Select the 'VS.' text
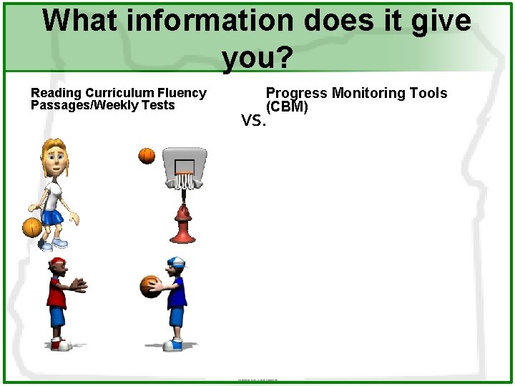(254, 121)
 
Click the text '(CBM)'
(287, 107)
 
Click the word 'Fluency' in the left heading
(182, 93)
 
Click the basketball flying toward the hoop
(147, 155)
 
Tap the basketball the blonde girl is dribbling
(31, 227)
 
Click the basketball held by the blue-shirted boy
(149, 286)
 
